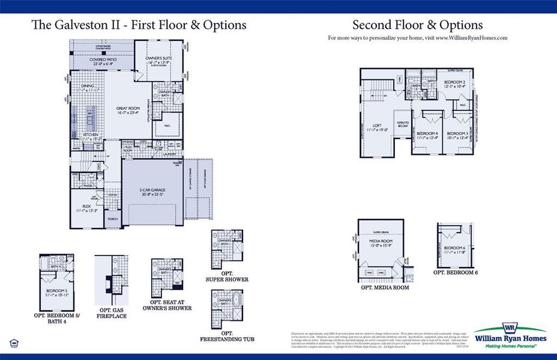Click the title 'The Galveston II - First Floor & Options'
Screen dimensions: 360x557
[x=139, y=25]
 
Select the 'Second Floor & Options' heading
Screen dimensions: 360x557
[x=417, y=25]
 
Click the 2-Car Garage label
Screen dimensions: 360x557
[x=153, y=191]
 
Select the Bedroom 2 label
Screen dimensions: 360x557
[x=454, y=83]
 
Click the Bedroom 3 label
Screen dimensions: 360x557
[x=457, y=136]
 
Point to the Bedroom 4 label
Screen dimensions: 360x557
[x=427, y=136]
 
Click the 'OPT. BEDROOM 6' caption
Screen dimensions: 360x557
[x=456, y=272]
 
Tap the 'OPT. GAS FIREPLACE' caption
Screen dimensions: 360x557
[x=112, y=313]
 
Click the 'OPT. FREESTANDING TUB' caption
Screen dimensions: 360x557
[x=227, y=337]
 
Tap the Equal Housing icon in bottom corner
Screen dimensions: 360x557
[x=14, y=343]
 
